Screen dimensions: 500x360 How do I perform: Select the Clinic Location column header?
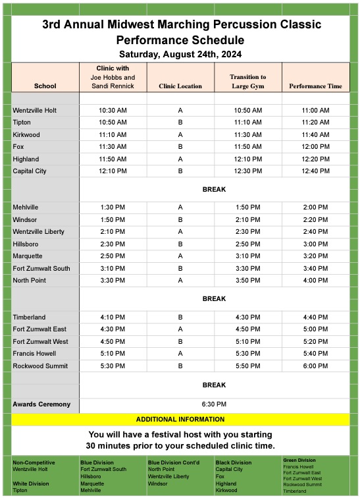point(180,86)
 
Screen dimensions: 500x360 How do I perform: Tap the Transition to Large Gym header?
point(248,82)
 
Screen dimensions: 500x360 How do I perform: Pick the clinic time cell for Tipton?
point(113,123)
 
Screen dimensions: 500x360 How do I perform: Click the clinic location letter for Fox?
point(180,147)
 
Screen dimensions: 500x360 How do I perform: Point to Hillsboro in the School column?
point(26,244)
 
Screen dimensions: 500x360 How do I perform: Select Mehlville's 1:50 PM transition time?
point(248,208)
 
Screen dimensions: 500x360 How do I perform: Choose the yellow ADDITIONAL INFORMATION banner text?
point(180,419)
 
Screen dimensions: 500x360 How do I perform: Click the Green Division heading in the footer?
point(299,460)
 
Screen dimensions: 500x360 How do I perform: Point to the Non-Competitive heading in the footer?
point(34,462)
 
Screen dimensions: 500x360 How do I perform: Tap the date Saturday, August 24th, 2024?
point(180,54)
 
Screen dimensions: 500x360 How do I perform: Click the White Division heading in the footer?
point(30,484)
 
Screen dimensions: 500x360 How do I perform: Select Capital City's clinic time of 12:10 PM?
point(113,171)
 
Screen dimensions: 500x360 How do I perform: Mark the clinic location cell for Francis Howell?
point(180,354)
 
